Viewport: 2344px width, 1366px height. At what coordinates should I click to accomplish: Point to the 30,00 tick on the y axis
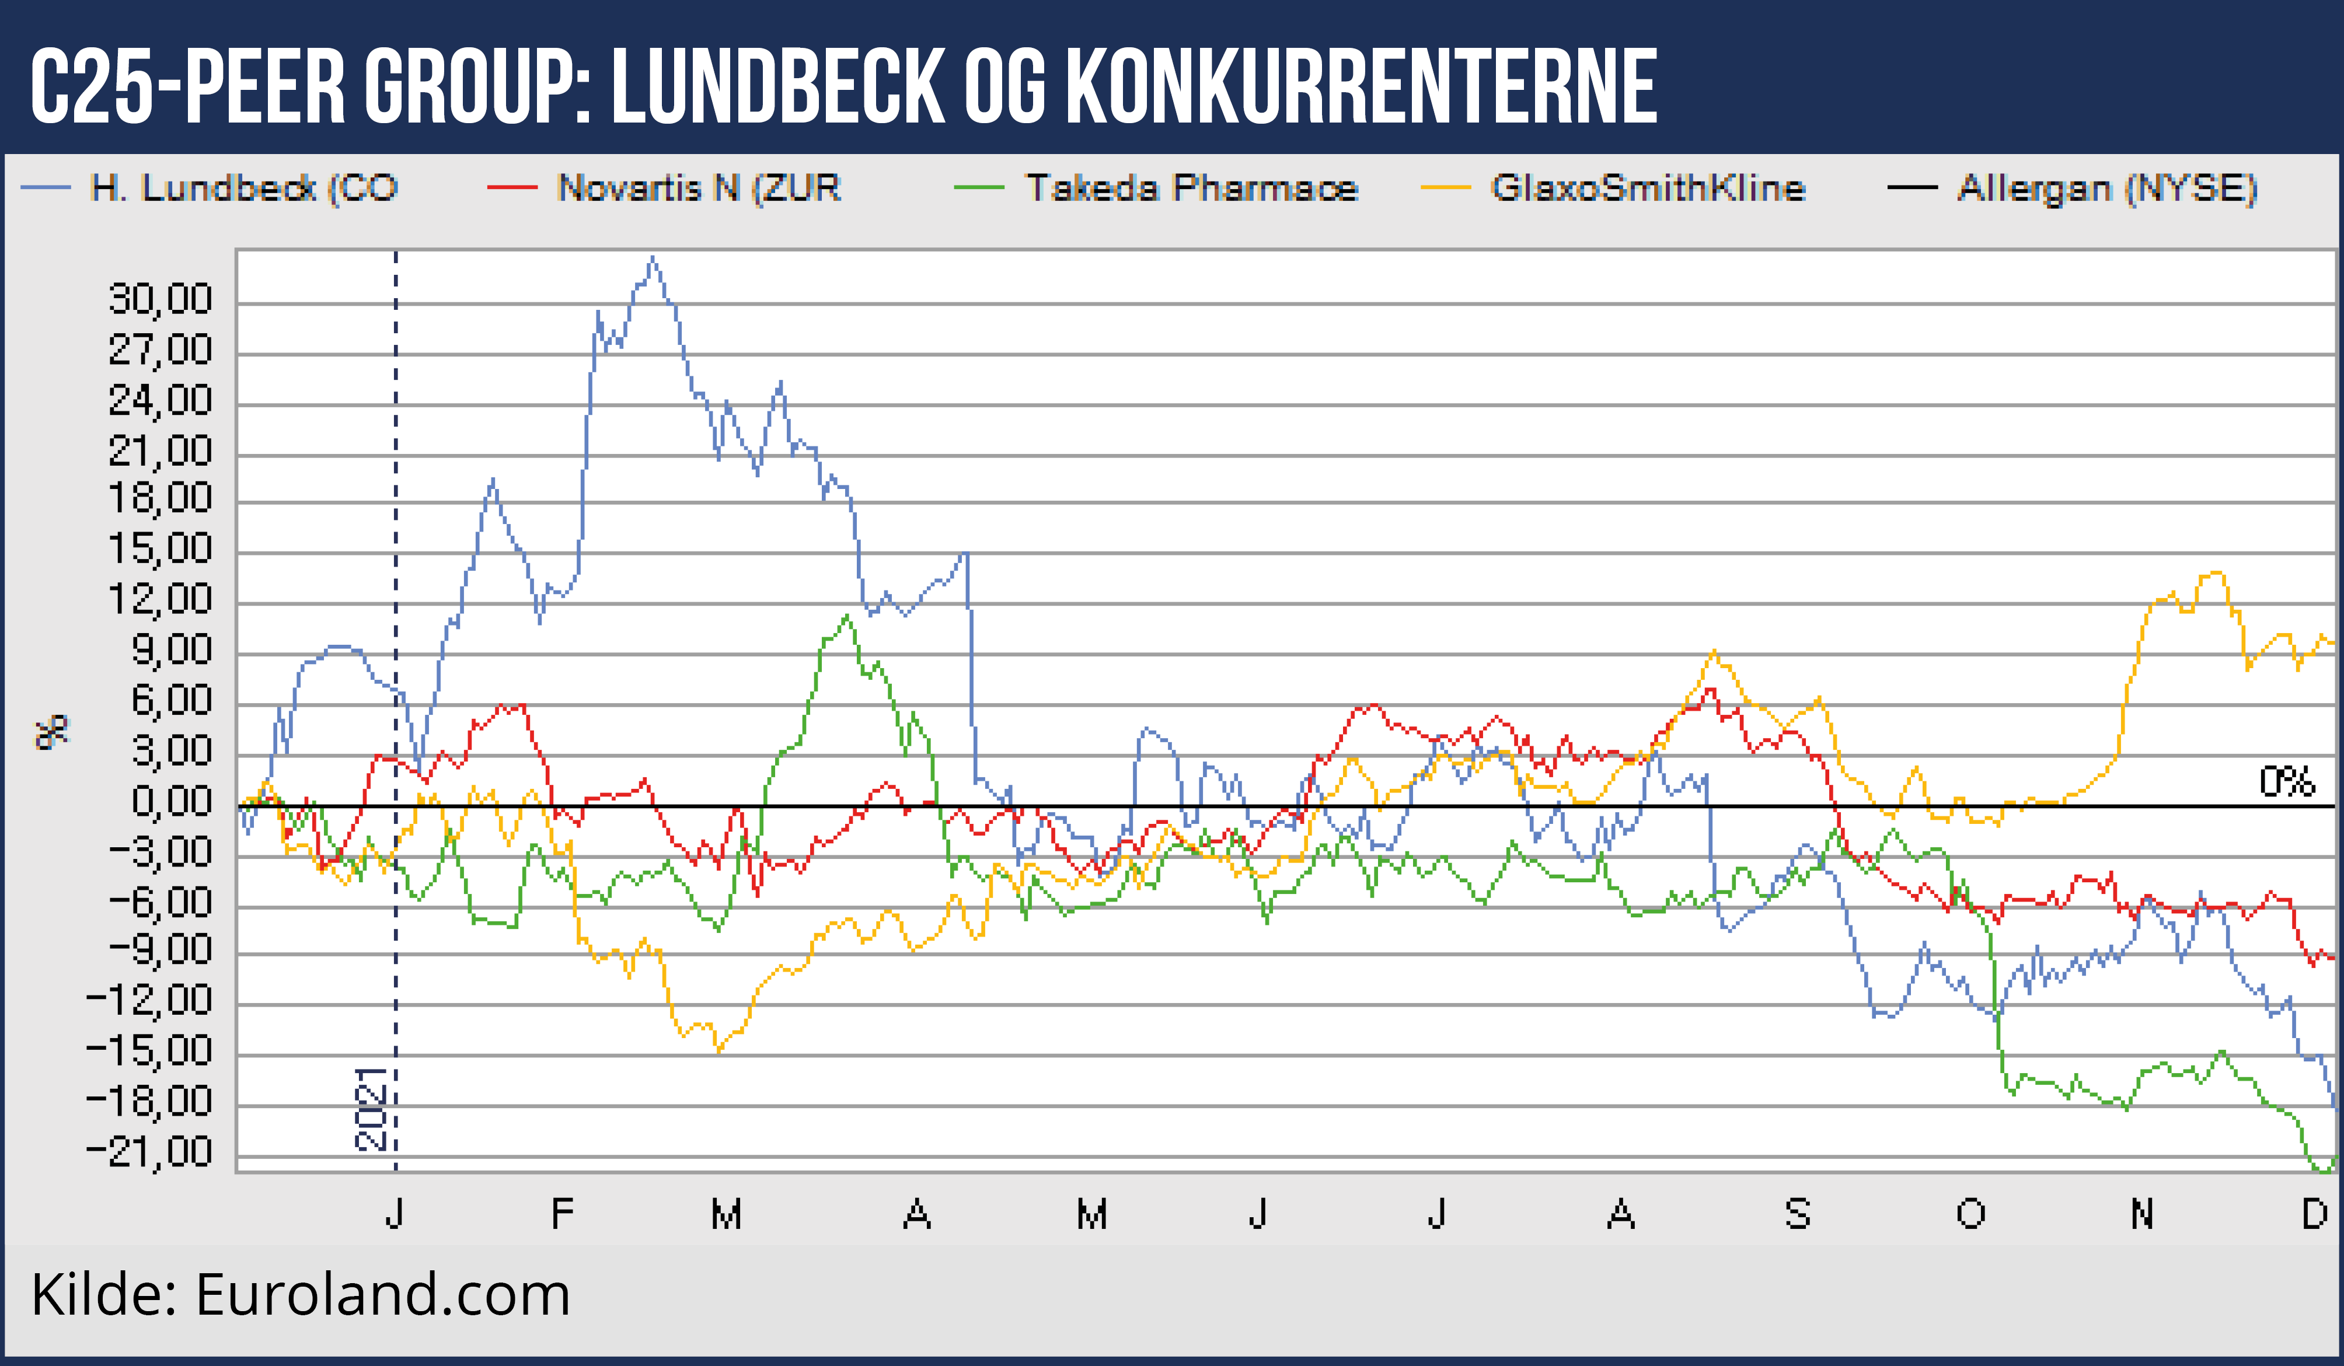click(160, 299)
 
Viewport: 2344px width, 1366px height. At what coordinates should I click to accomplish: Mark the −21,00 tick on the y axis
click(149, 1152)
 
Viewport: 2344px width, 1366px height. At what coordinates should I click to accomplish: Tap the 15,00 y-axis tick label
click(160, 549)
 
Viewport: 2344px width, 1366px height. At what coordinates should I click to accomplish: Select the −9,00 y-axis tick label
click(160, 949)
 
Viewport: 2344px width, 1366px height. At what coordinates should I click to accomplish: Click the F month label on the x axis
click(562, 1214)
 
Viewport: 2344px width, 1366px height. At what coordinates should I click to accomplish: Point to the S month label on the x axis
click(1797, 1214)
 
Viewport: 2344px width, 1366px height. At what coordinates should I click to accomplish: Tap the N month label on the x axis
click(2142, 1214)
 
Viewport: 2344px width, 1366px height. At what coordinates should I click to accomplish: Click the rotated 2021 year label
click(370, 1109)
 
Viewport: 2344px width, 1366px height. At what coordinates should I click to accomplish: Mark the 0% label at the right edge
click(2286, 782)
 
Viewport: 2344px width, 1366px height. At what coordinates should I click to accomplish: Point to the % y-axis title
click(52, 733)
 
